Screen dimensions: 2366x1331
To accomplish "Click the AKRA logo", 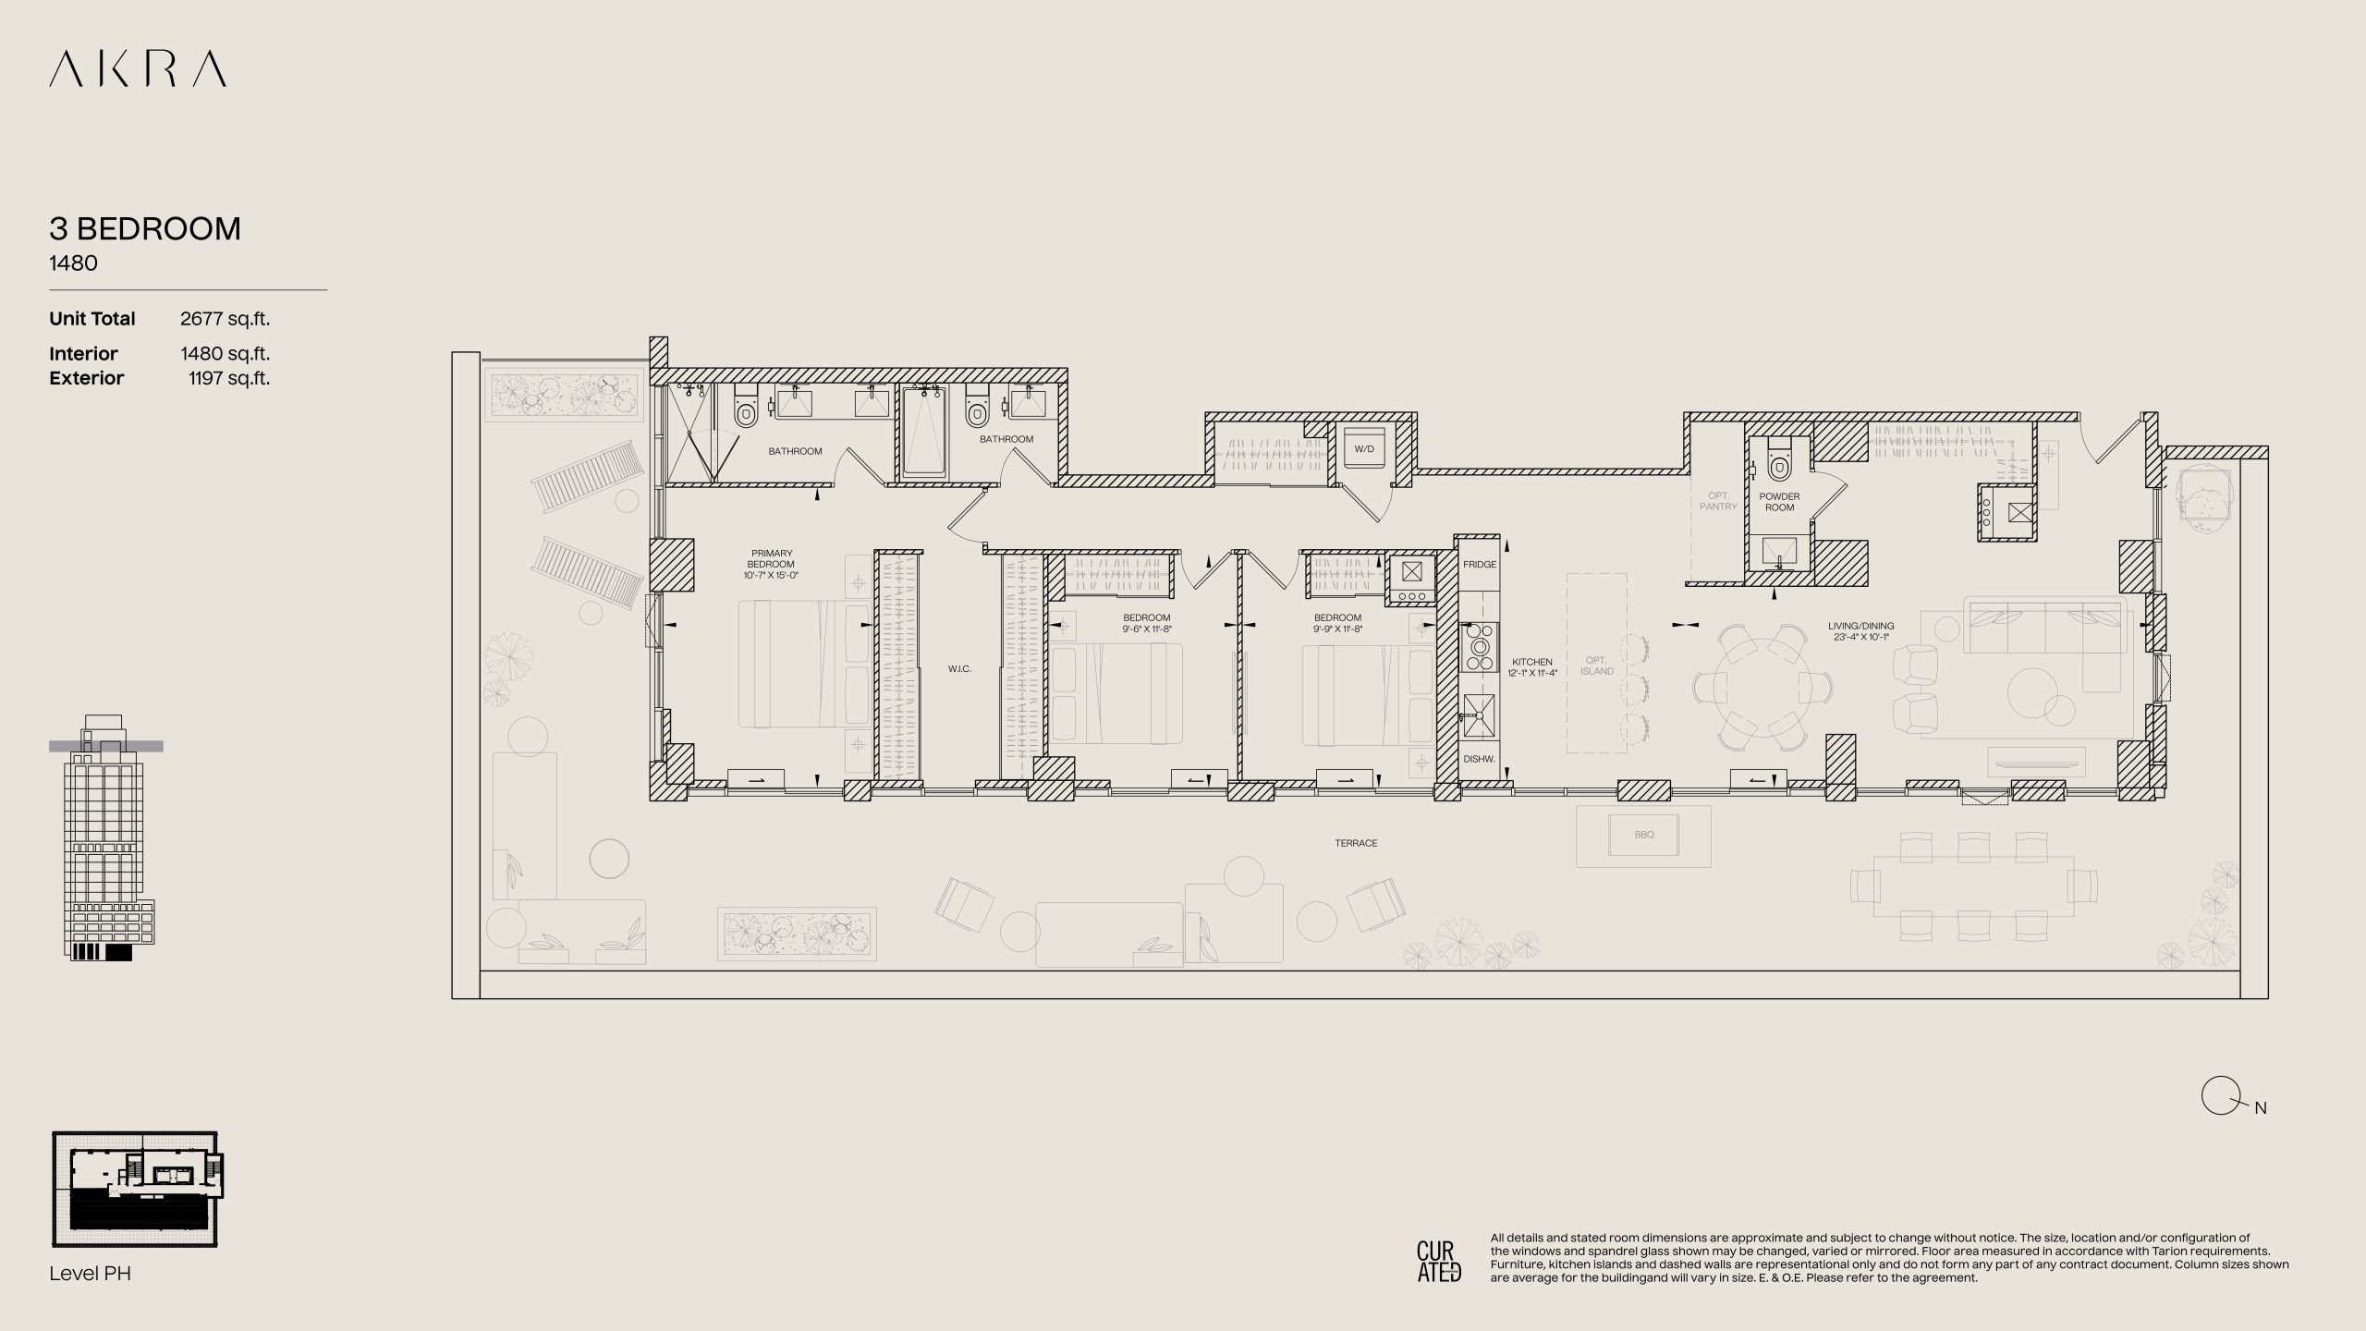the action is (138, 69).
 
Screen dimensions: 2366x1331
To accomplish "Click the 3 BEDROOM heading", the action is (145, 228).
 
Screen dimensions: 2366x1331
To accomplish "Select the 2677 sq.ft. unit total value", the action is (225, 319).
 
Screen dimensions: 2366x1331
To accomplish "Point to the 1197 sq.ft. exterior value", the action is (229, 378).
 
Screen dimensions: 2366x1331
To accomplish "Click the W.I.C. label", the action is (959, 669).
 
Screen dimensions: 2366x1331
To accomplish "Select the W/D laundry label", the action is (1364, 449).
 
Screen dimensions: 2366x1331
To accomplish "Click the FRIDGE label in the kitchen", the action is (1480, 565).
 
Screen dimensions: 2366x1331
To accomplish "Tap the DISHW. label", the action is (1479, 759).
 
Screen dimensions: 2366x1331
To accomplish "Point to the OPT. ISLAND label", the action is (1597, 665).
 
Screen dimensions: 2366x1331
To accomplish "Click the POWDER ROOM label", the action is (1779, 502).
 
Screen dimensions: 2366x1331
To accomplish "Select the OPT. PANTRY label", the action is (1718, 501).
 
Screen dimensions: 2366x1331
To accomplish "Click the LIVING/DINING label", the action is (1861, 631).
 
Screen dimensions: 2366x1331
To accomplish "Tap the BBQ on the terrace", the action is (1643, 835).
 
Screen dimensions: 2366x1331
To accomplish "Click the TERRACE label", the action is (1356, 844).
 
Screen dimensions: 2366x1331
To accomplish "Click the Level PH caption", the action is (91, 1274).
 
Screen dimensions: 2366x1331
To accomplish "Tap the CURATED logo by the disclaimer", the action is (1439, 1262).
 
